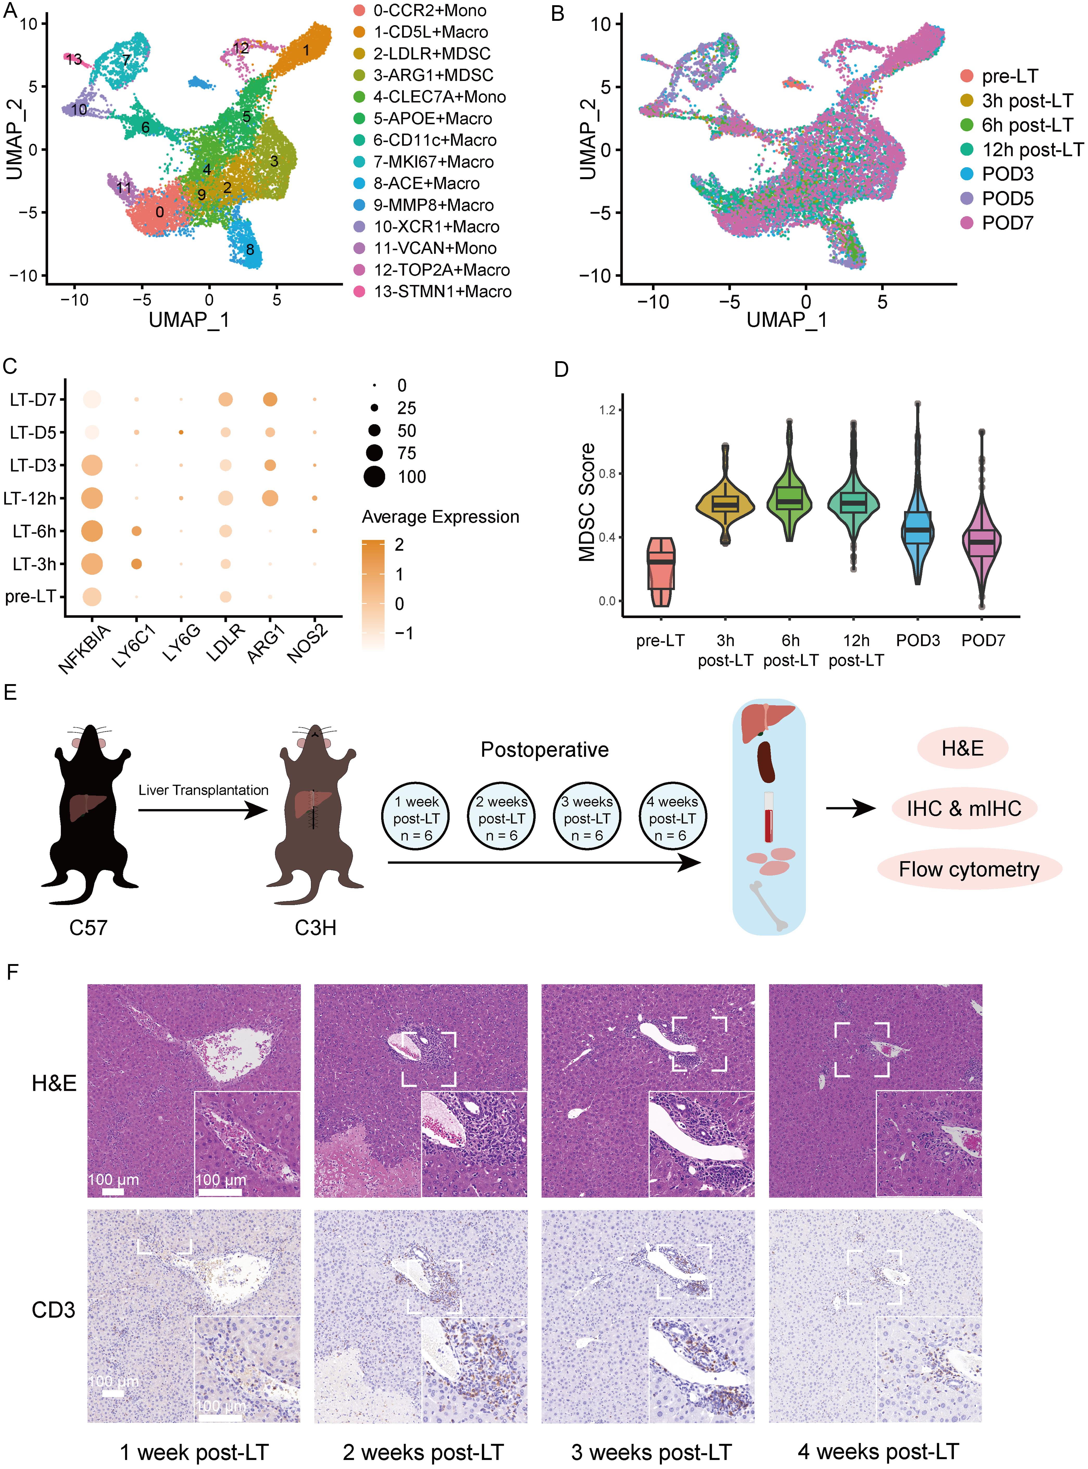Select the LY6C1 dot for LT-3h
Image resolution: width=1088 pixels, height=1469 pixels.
[x=136, y=564]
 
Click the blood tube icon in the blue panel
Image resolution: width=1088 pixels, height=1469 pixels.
[x=768, y=817]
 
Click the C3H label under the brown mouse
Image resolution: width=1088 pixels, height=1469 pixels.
[x=316, y=928]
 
